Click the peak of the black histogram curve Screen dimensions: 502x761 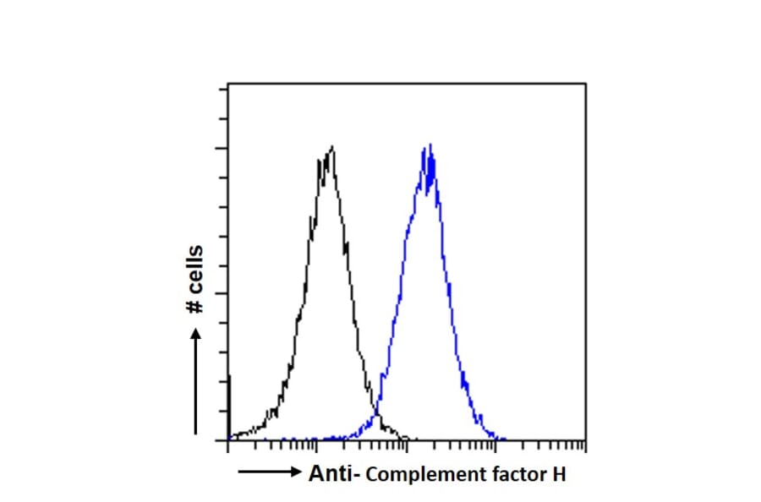pos(331,148)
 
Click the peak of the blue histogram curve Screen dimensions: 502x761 pos(430,146)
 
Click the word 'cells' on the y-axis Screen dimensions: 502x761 pos(195,269)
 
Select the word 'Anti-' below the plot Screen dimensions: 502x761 pos(336,475)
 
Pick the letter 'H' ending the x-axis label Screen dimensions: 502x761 pos(559,475)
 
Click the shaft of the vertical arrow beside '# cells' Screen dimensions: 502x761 pos(196,389)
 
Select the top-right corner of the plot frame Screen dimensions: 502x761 pos(585,84)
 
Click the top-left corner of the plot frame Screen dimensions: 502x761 pos(229,84)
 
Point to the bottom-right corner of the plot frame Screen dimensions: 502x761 pos(585,439)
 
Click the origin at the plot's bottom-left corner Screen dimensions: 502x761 pos(229,439)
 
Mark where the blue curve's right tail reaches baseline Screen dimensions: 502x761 pos(503,439)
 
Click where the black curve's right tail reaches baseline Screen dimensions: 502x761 pos(406,438)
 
